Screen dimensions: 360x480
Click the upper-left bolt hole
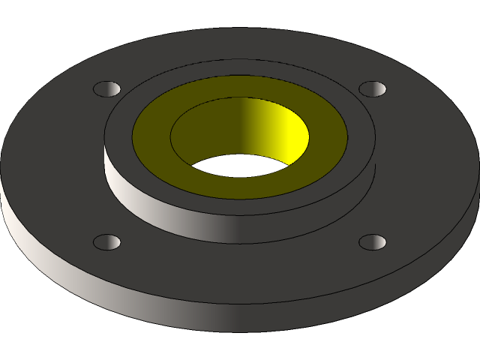point(106,89)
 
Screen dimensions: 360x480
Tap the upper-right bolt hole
point(372,89)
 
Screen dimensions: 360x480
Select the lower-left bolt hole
point(106,242)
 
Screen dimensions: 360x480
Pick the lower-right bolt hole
point(372,242)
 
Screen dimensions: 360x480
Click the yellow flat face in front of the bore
point(240,187)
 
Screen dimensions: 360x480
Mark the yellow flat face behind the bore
point(240,86)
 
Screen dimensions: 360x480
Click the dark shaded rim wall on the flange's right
point(442,240)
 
